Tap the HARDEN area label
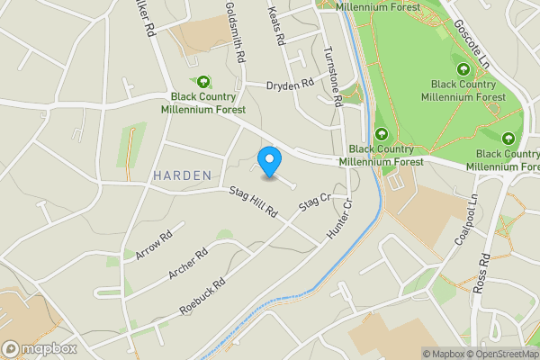pyautogui.click(x=182, y=175)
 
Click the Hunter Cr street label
pyautogui.click(x=339, y=219)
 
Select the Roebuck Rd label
pyautogui.click(x=202, y=295)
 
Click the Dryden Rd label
pyautogui.click(x=290, y=85)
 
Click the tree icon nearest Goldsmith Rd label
pyautogui.click(x=202, y=81)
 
